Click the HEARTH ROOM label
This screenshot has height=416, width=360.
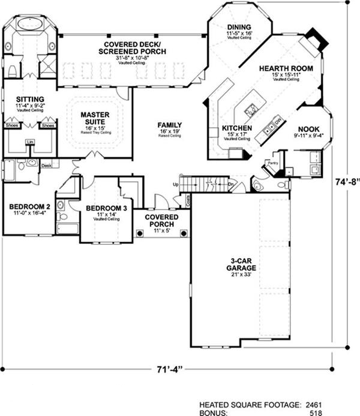coord(286,68)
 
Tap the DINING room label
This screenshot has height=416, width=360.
coord(239,27)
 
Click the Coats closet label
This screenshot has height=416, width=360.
coord(188,202)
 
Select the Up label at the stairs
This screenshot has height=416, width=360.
coord(175,184)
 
